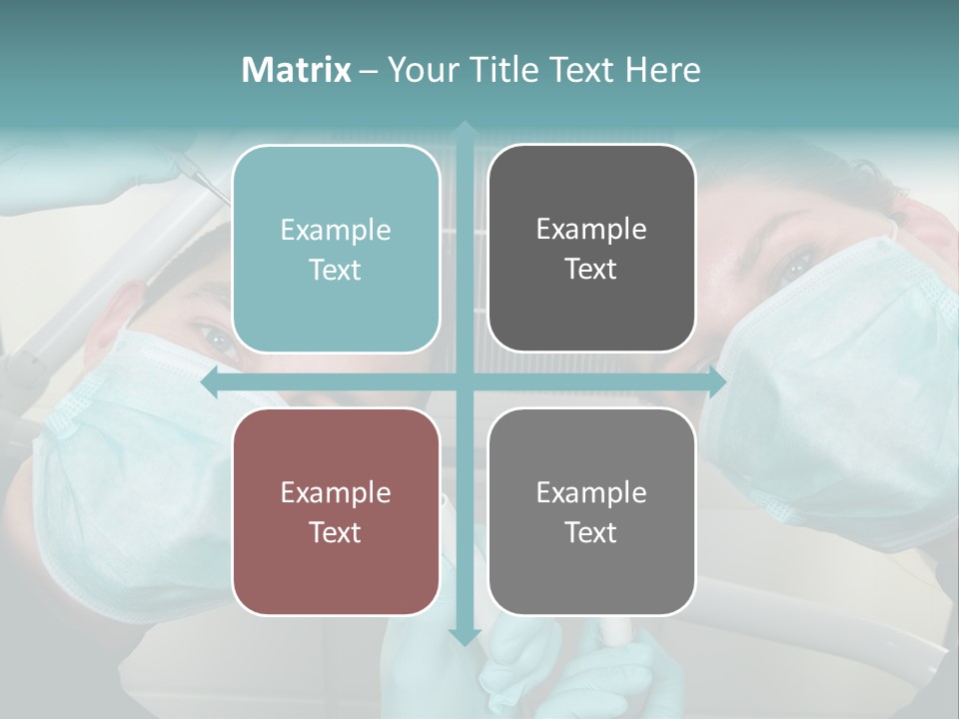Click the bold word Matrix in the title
point(297,70)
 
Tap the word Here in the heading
point(662,70)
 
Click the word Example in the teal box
point(336,231)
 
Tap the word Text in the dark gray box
point(591,270)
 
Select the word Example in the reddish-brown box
point(336,493)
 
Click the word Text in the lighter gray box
point(591,532)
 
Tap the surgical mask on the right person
point(839,379)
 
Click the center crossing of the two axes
point(464,382)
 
